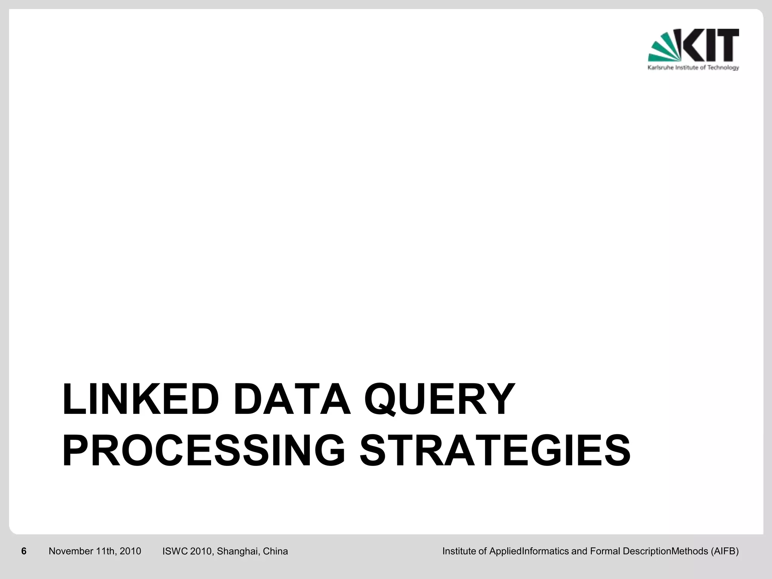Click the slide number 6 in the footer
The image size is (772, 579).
pos(24,551)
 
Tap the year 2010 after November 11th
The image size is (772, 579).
pos(130,551)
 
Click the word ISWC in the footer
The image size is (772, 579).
pos(175,551)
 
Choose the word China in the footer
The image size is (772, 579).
pos(275,551)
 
